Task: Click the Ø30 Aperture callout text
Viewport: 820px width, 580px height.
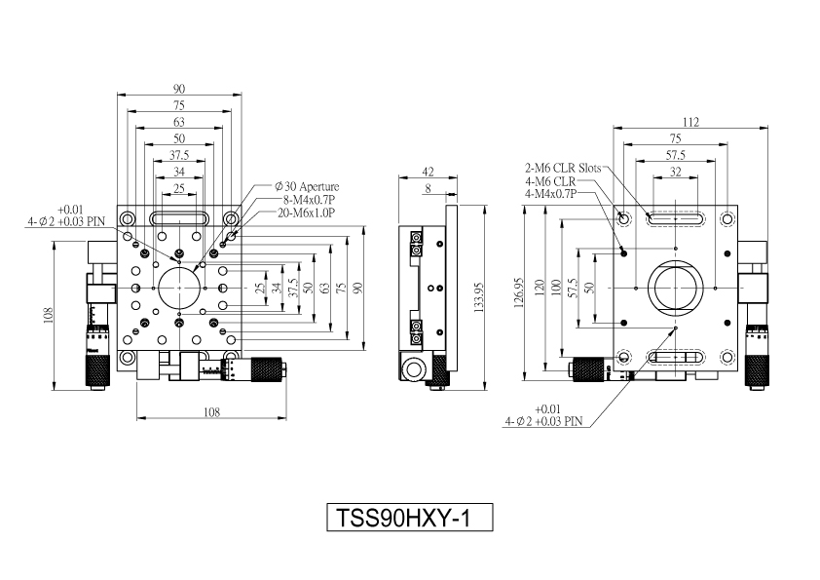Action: tap(307, 186)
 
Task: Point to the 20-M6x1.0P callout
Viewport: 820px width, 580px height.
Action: tap(306, 212)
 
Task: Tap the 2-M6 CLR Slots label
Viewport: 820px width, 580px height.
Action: tap(563, 168)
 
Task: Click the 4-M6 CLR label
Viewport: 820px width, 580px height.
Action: tap(550, 181)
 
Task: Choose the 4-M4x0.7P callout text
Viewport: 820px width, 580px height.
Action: tap(550, 194)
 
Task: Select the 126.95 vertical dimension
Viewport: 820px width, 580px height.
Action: tap(519, 292)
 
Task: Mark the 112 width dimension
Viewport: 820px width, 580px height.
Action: tap(690, 122)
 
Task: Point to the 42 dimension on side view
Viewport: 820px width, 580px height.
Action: tap(428, 172)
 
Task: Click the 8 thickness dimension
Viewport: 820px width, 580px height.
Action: tap(429, 188)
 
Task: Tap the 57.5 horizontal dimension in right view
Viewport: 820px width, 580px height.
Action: tap(675, 155)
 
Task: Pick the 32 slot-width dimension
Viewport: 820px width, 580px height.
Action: tap(675, 172)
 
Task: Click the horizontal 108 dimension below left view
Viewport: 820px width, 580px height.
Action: tap(211, 412)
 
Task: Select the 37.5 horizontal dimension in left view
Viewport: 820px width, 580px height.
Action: tap(179, 155)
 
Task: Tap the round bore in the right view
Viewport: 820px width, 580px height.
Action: tap(649, 288)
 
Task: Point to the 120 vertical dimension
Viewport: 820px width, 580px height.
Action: tap(540, 288)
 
